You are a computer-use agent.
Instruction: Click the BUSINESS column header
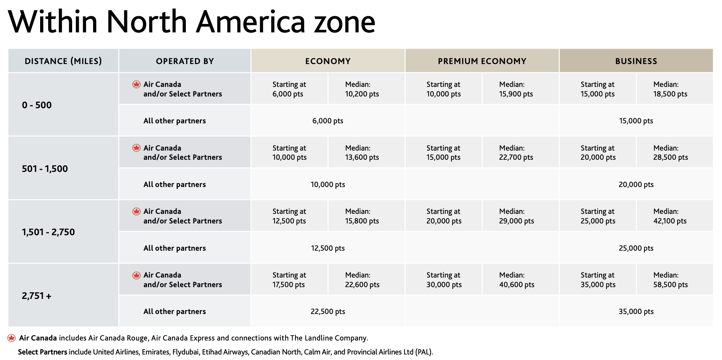point(636,61)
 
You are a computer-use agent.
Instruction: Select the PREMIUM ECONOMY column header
point(482,61)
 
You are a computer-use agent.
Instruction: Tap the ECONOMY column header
point(328,61)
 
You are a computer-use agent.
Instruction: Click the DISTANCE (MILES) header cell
point(63,61)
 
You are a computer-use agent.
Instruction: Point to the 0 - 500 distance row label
point(37,105)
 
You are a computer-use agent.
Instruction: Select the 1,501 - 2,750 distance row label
point(48,232)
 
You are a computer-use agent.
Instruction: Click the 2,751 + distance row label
point(36,296)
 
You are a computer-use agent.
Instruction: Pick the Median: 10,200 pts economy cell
point(362,89)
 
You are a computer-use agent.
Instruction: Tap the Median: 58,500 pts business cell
point(670,280)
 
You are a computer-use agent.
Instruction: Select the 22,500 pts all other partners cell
point(328,311)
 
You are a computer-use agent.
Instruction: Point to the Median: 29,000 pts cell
point(516,216)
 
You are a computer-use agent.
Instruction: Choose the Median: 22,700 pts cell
point(516,153)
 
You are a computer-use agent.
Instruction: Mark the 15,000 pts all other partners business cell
point(636,121)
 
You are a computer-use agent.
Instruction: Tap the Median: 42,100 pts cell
point(670,216)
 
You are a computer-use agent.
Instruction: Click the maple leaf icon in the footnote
point(12,338)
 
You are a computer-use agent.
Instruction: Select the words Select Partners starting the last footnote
point(42,352)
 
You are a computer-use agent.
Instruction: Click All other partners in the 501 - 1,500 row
point(174,184)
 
